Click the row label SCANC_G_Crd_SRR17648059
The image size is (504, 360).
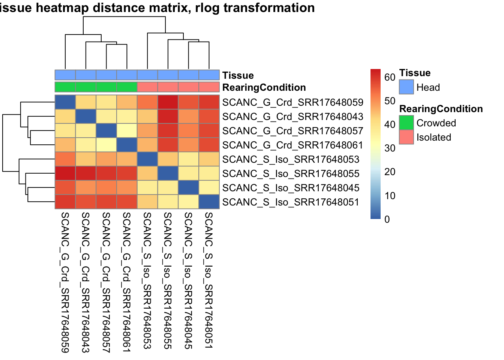click(292, 102)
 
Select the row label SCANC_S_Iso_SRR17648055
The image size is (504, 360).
click(291, 174)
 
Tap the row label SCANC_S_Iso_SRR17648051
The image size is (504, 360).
click(291, 202)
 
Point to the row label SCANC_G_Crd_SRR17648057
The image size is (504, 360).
click(292, 131)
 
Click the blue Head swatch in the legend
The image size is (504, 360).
click(406, 87)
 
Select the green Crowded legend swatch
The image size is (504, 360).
click(406, 123)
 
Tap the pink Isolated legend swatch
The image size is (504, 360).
click(406, 137)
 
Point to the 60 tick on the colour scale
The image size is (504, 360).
click(390, 77)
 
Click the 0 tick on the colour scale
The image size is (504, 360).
click(387, 219)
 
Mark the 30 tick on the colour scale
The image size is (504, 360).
click(390, 148)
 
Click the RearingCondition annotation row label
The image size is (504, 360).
click(264, 87)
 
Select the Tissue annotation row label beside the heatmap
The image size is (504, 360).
click(238, 75)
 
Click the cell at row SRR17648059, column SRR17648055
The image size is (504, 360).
click(168, 102)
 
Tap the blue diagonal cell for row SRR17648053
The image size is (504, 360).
click(147, 159)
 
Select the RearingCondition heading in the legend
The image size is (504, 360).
click(441, 109)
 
